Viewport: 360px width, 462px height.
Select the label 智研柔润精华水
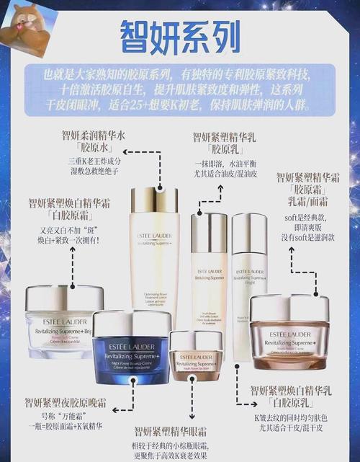click(94, 135)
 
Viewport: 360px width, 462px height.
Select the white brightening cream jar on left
click(64, 321)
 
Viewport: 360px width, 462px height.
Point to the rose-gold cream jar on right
click(289, 332)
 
